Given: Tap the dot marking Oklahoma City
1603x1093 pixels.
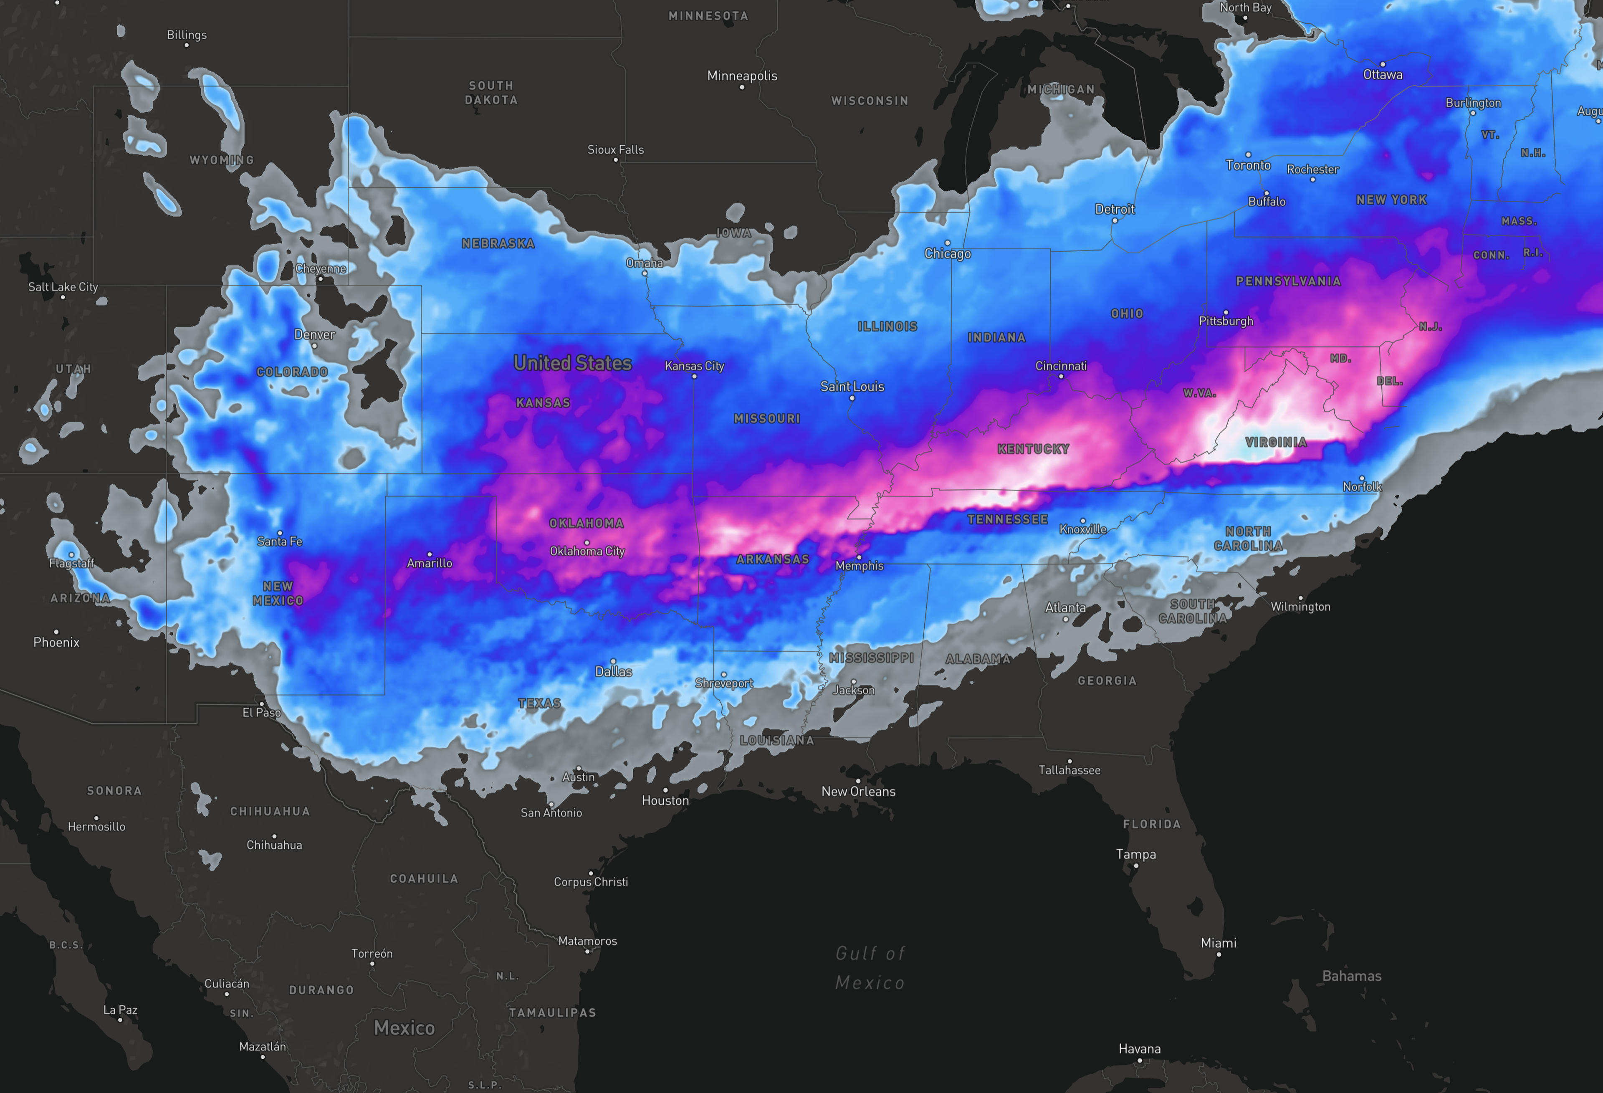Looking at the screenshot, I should (586, 542).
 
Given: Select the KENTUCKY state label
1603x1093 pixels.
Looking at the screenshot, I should (1033, 449).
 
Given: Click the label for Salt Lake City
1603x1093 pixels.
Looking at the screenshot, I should (63, 287).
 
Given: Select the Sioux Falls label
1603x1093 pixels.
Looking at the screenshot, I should (615, 150).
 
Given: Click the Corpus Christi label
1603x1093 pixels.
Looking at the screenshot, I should (590, 882).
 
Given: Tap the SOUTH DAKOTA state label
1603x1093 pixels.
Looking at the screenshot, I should (491, 92).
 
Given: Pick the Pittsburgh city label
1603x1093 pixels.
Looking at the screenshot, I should (1226, 321).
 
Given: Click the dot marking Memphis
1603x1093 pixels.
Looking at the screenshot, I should (859, 557).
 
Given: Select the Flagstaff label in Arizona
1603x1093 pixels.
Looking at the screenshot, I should (71, 563).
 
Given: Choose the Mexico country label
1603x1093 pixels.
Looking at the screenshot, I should (404, 1028).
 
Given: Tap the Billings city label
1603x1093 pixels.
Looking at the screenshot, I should (186, 35).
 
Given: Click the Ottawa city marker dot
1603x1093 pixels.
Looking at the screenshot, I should (1382, 64).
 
